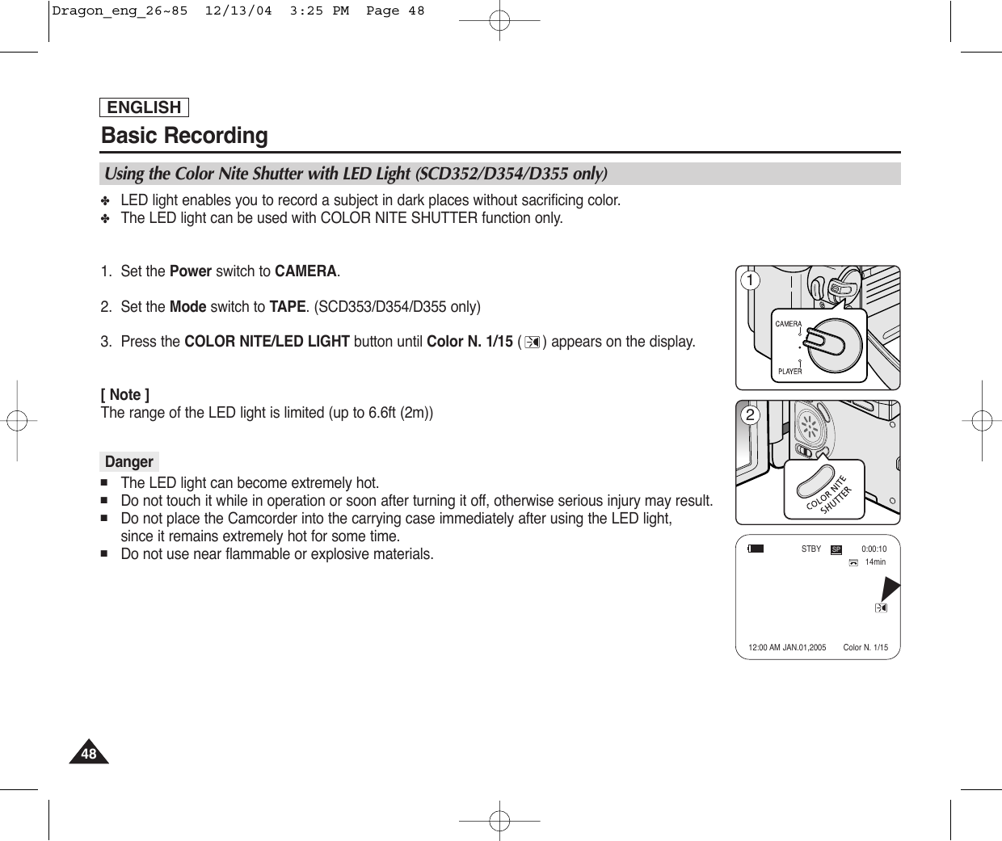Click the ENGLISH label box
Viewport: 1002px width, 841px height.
[144, 107]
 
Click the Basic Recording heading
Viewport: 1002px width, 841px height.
[184, 136]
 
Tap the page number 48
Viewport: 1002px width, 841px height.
[88, 755]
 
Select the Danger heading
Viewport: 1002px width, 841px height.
[128, 462]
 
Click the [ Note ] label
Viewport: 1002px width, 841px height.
[124, 395]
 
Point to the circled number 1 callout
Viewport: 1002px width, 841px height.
[750, 280]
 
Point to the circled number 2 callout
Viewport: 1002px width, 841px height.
[750, 415]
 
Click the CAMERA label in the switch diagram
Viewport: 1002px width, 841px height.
[788, 324]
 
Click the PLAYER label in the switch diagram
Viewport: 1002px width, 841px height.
[789, 372]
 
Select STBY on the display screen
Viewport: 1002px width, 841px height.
[810, 549]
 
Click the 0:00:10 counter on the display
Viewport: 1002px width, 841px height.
[874, 549]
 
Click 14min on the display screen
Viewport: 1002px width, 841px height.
[875, 562]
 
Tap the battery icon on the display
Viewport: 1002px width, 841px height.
[756, 549]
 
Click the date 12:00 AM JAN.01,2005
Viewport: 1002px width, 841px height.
[787, 648]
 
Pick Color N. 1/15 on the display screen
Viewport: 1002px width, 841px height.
[865, 648]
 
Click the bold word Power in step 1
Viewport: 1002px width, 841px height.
[191, 271]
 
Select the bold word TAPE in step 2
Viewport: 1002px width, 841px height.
[287, 307]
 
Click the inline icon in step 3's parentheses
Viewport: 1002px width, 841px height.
[532, 343]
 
